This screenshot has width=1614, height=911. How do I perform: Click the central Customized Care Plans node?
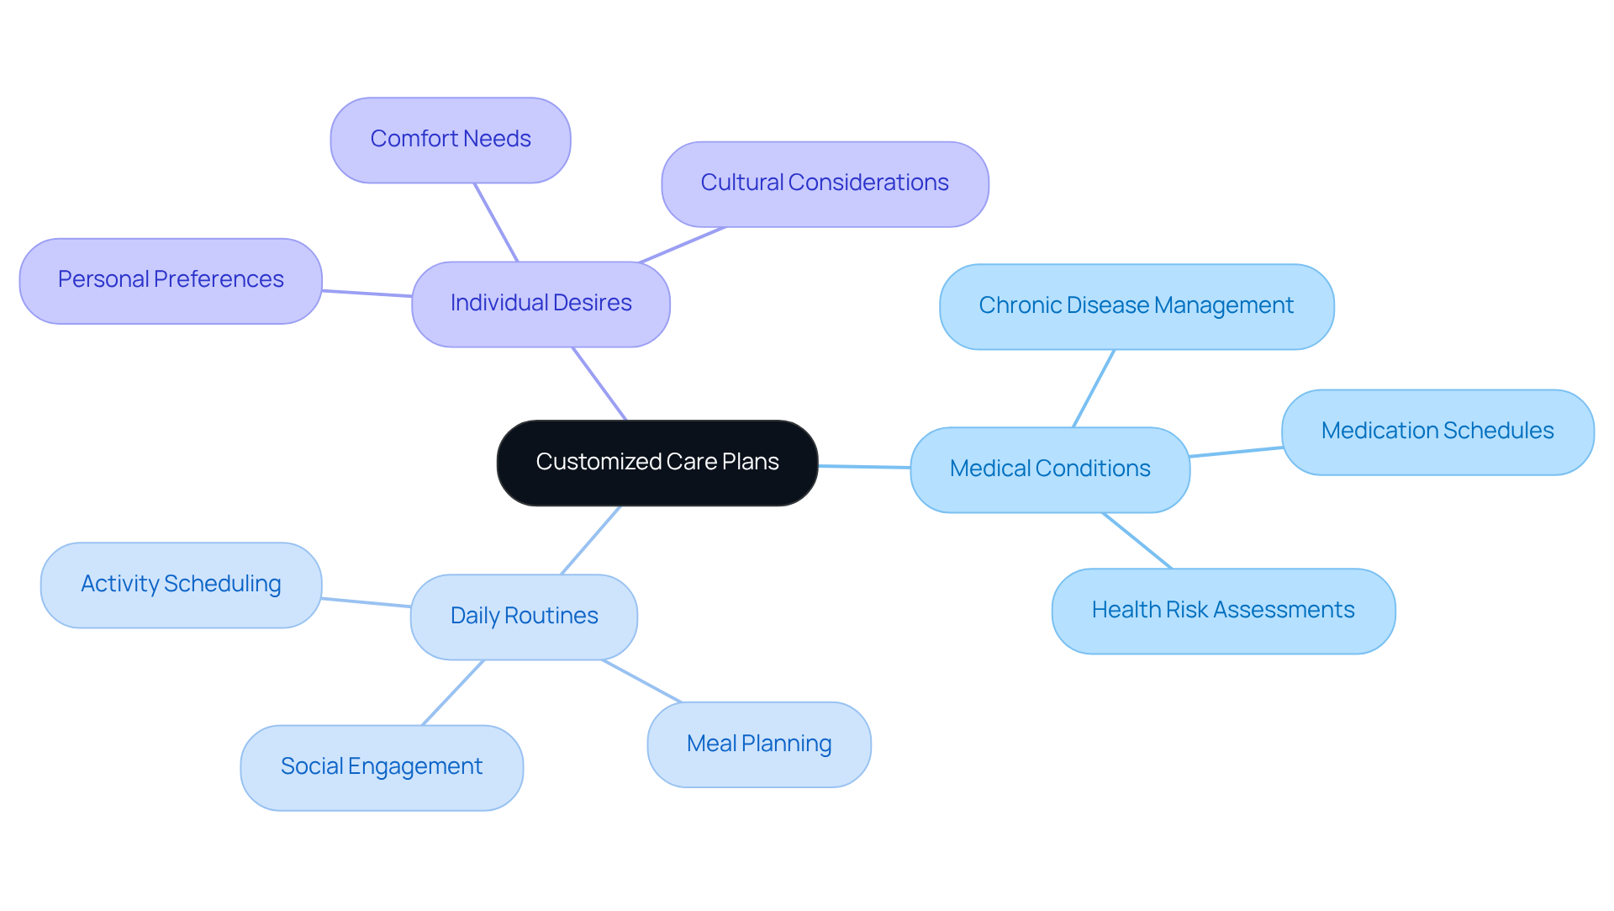tap(657, 463)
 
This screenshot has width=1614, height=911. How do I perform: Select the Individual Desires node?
tap(541, 304)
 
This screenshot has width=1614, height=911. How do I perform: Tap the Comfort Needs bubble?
tap(451, 140)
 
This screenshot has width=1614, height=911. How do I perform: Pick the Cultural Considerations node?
tap(825, 183)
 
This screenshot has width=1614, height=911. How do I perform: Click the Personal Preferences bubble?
tap(171, 280)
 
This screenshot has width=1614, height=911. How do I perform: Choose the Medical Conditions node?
tap(1050, 469)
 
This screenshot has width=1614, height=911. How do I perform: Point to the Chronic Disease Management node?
tap(1137, 306)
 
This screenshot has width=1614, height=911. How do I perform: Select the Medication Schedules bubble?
tap(1437, 432)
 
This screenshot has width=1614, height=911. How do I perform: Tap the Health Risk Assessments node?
tap(1223, 611)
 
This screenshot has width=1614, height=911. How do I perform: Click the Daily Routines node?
tap(524, 617)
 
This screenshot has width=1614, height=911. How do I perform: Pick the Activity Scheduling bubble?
tap(181, 585)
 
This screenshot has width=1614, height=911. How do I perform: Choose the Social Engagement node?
tap(382, 767)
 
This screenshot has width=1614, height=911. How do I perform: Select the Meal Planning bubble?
tap(759, 744)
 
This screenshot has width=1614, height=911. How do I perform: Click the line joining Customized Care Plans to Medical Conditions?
tap(864, 466)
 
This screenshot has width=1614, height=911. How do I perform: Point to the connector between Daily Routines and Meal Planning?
tap(642, 681)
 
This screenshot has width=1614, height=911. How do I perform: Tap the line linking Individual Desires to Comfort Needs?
tap(496, 222)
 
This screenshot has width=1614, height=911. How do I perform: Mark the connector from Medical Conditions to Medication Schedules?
tap(1236, 452)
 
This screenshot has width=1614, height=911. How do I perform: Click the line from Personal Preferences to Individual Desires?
tap(367, 294)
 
